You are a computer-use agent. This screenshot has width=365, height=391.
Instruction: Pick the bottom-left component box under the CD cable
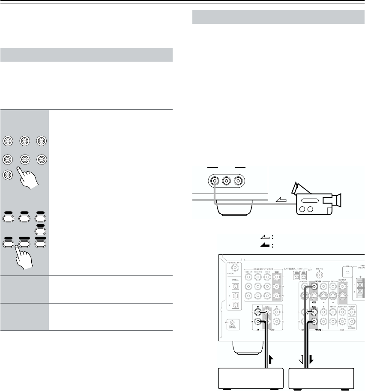[251, 378]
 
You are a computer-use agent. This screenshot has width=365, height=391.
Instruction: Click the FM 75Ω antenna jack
[319, 275]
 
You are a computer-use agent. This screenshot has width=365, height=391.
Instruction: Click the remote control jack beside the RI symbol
[232, 322]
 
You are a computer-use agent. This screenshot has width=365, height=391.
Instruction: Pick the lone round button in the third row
[8, 175]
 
